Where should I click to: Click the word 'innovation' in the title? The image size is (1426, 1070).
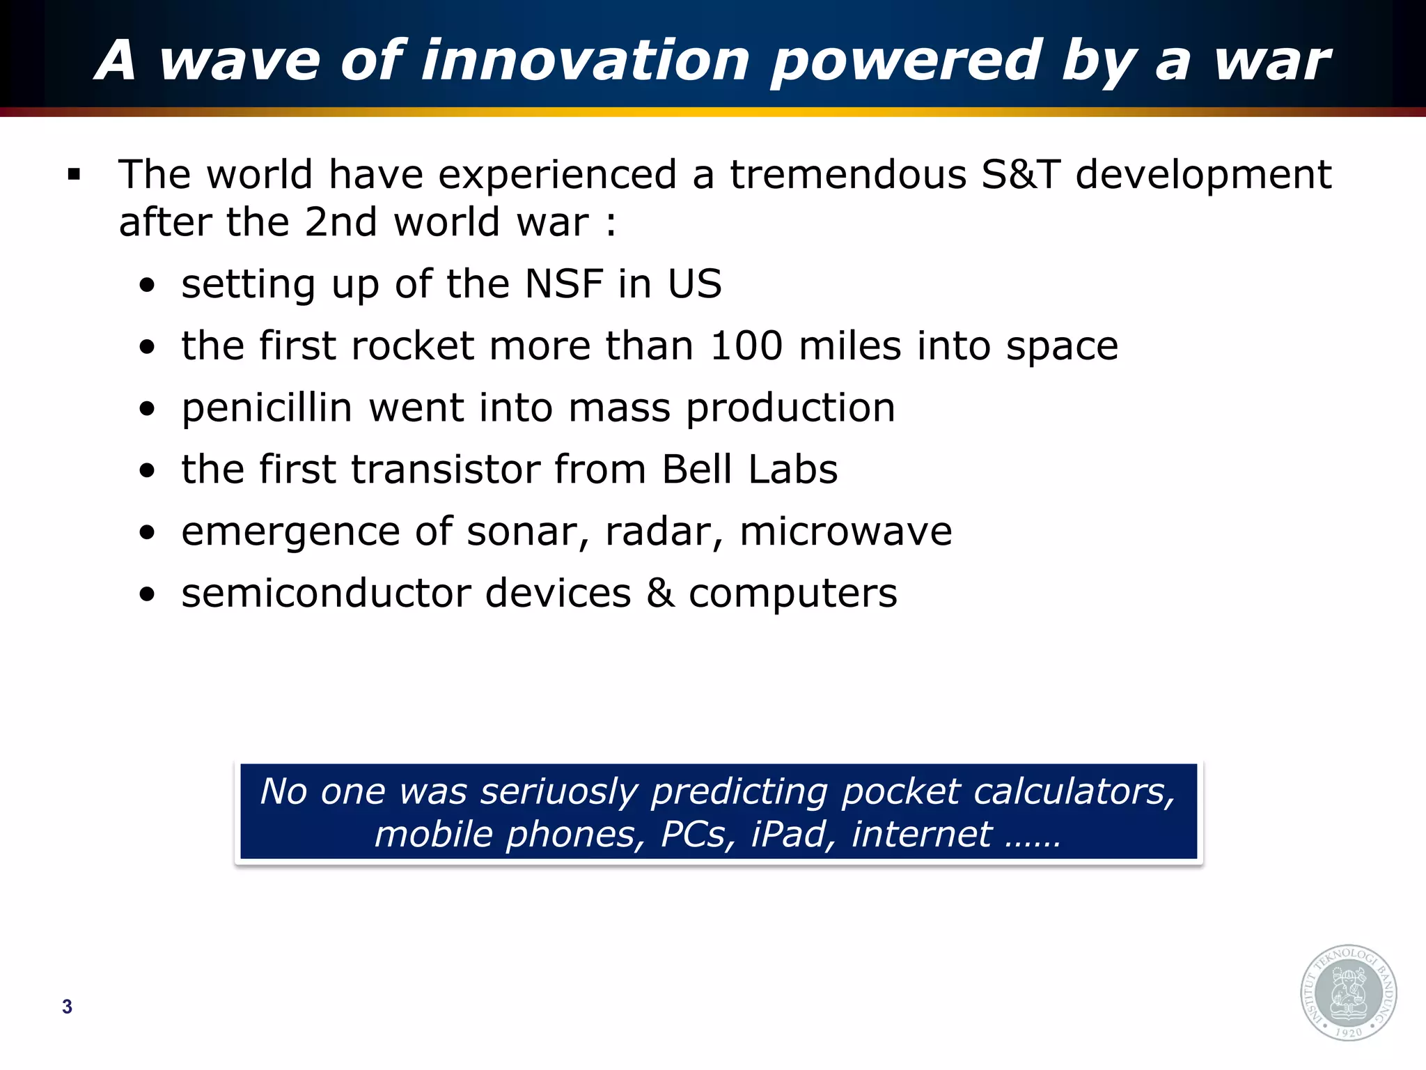pos(586,61)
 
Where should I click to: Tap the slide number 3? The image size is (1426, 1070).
pos(67,1007)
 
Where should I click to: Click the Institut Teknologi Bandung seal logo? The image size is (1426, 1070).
pos(1349,993)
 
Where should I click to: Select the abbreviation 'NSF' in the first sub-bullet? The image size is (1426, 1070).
pos(563,284)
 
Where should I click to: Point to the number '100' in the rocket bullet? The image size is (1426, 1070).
pos(746,346)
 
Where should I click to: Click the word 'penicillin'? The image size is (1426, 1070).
pos(267,408)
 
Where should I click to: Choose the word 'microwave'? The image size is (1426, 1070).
pos(845,532)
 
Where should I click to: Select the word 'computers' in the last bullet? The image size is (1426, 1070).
pos(792,594)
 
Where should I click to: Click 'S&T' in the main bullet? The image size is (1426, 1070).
pos(1020,174)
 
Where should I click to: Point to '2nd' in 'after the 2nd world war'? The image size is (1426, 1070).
pos(340,223)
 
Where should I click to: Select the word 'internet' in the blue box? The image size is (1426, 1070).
pos(921,835)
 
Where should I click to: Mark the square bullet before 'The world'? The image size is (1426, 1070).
pos(75,174)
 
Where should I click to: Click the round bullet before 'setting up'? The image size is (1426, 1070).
pos(147,286)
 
